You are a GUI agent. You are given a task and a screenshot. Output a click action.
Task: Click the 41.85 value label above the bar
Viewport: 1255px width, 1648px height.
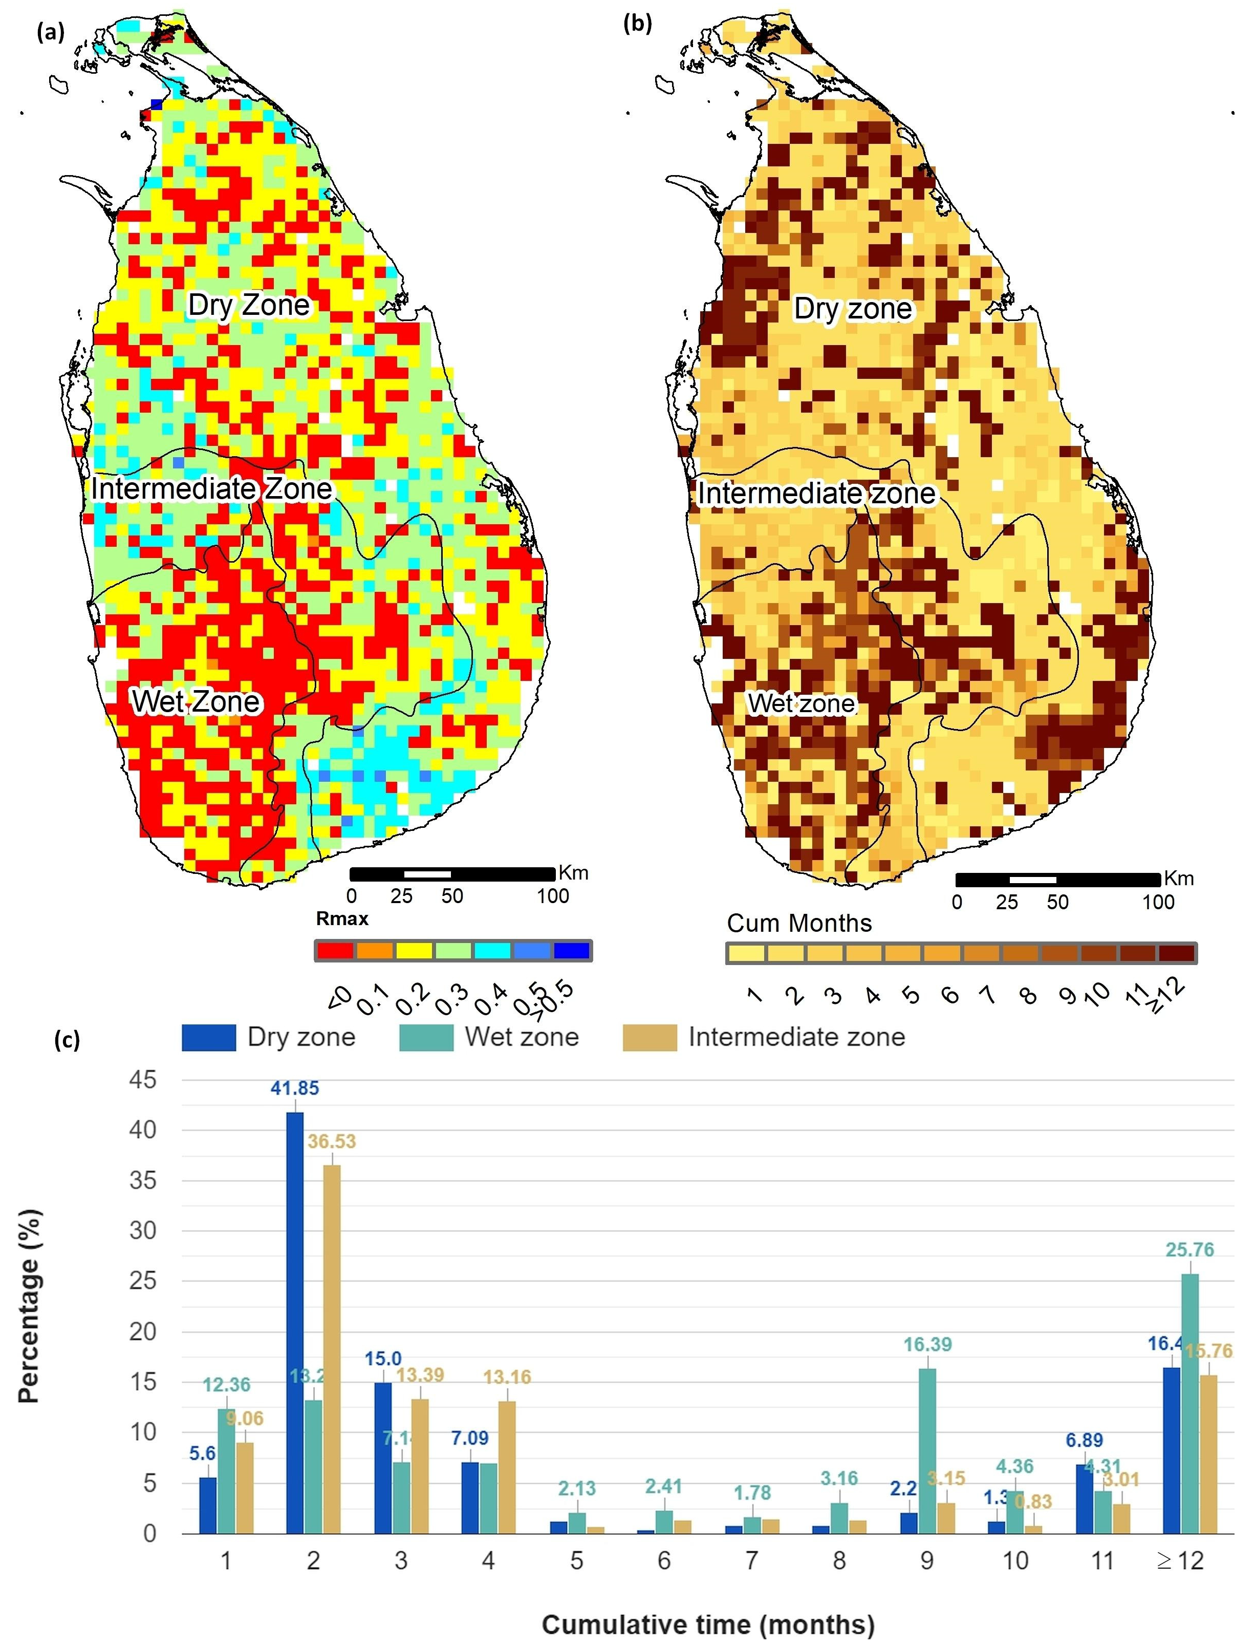point(294,1088)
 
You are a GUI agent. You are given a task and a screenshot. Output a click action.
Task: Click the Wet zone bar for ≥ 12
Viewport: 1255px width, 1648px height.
point(1190,1404)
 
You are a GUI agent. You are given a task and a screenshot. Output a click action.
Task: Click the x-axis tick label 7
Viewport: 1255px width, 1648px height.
point(751,1560)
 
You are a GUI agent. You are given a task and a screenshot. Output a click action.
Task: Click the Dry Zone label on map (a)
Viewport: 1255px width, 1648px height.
point(248,305)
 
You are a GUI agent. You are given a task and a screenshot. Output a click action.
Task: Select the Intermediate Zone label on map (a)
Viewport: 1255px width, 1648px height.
point(211,488)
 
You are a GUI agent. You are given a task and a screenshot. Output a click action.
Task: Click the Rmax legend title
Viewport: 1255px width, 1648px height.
point(342,919)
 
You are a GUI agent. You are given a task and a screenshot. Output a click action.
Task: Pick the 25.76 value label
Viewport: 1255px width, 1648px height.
point(1190,1250)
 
